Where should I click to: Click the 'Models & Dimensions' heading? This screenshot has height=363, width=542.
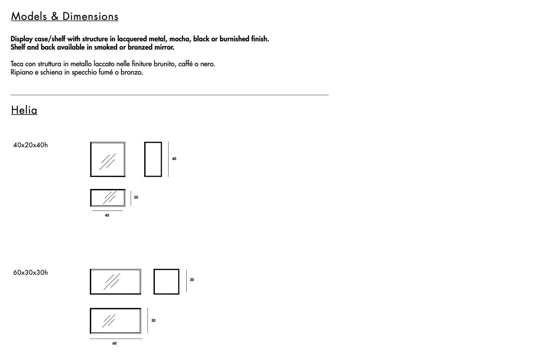[x=65, y=17]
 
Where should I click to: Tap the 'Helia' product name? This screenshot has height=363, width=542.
[x=24, y=110]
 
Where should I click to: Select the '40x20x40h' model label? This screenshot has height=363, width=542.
[x=30, y=145]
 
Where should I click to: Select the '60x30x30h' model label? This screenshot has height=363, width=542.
[x=30, y=273]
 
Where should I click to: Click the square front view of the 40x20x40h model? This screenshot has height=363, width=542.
[x=108, y=159]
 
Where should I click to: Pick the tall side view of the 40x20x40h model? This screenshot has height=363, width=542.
[x=153, y=159]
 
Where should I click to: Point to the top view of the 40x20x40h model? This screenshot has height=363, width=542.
[x=108, y=198]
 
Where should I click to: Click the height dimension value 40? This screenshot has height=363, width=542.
[x=174, y=159]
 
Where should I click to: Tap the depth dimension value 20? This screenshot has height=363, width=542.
[x=136, y=198]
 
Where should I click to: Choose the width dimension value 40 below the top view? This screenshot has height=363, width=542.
[x=107, y=216]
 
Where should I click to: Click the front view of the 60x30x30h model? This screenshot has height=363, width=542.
[x=115, y=281]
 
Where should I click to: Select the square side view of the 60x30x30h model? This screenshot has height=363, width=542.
[x=166, y=281]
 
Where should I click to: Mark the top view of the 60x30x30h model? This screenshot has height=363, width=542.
[x=115, y=321]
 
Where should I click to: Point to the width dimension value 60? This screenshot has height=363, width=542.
[x=115, y=343]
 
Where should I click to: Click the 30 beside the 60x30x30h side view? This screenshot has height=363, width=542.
[x=192, y=280]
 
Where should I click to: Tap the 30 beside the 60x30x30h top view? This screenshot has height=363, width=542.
[x=153, y=321]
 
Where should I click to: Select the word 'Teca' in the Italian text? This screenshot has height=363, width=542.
[x=17, y=64]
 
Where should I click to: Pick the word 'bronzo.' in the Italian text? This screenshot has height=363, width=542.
[x=132, y=72]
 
